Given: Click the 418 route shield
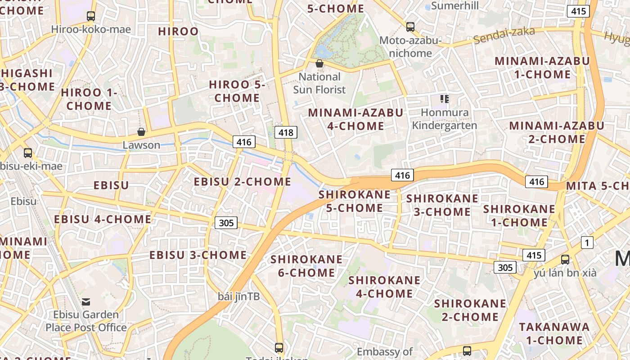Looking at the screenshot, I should click(286, 132).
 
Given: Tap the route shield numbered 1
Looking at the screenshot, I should click(587, 243).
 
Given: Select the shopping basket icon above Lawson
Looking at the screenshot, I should click(141, 132).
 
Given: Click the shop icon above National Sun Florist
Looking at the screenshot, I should click(319, 63).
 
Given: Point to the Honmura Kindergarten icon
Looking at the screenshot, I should click(445, 99).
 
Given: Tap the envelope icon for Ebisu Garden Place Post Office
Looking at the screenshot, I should click(86, 301).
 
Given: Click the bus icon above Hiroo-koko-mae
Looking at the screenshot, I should click(91, 16).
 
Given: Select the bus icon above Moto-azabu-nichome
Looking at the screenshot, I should click(410, 27).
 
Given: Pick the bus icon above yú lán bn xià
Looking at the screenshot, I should click(565, 260).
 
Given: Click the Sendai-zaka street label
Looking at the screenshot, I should click(504, 36).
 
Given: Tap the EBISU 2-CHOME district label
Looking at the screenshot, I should click(243, 182).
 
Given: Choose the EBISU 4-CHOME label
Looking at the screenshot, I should click(103, 220).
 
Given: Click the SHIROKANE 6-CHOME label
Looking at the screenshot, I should click(306, 266).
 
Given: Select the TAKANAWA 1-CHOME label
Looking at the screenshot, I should click(554, 333).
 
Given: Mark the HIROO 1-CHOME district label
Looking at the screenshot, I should click(89, 99).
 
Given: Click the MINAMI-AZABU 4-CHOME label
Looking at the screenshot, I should click(355, 119).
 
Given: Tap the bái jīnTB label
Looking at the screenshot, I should click(239, 297).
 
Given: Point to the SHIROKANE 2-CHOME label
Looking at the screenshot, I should click(470, 310).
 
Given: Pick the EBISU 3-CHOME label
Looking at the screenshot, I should click(198, 255).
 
